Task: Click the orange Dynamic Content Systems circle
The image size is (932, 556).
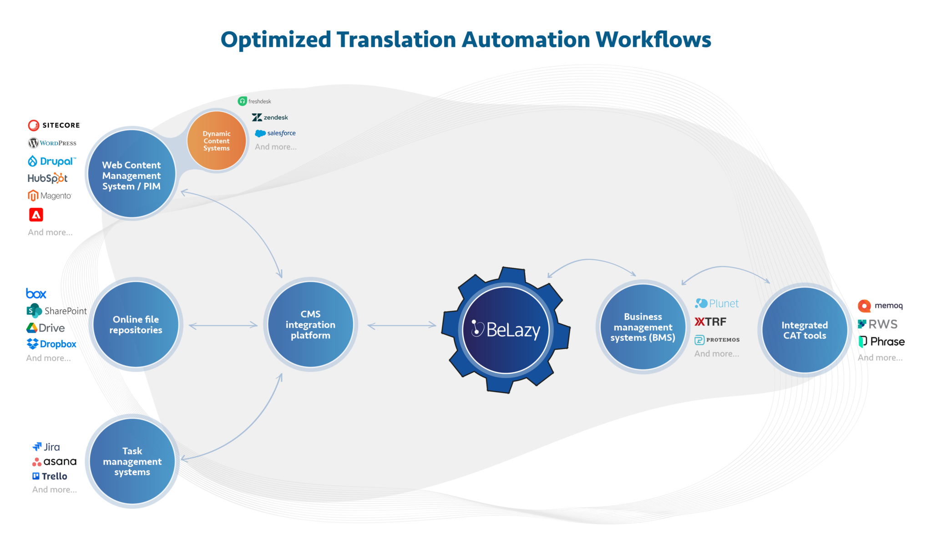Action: click(x=217, y=141)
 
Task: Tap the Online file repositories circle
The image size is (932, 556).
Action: click(x=136, y=324)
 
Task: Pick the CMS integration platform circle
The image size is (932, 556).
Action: click(x=310, y=324)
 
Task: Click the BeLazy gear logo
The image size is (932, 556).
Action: click(x=506, y=329)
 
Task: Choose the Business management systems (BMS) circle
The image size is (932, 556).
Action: click(x=643, y=327)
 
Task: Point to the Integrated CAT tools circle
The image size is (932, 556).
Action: click(x=804, y=330)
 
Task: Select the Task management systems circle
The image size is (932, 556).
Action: click(x=132, y=461)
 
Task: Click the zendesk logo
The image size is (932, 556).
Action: click(x=270, y=117)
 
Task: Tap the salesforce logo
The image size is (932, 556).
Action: click(x=275, y=133)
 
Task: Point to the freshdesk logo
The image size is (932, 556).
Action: click(x=254, y=101)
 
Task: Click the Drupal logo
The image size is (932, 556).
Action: click(x=51, y=161)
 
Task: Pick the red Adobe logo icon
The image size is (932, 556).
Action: click(x=36, y=215)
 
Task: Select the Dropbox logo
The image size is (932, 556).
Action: click(x=51, y=344)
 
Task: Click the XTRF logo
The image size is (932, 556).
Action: click(x=710, y=322)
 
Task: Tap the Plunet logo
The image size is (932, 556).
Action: click(x=717, y=303)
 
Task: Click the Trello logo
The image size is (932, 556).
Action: click(x=50, y=476)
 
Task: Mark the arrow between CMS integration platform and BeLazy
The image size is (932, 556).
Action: click(x=401, y=325)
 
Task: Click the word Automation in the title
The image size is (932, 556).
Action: click(x=526, y=40)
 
